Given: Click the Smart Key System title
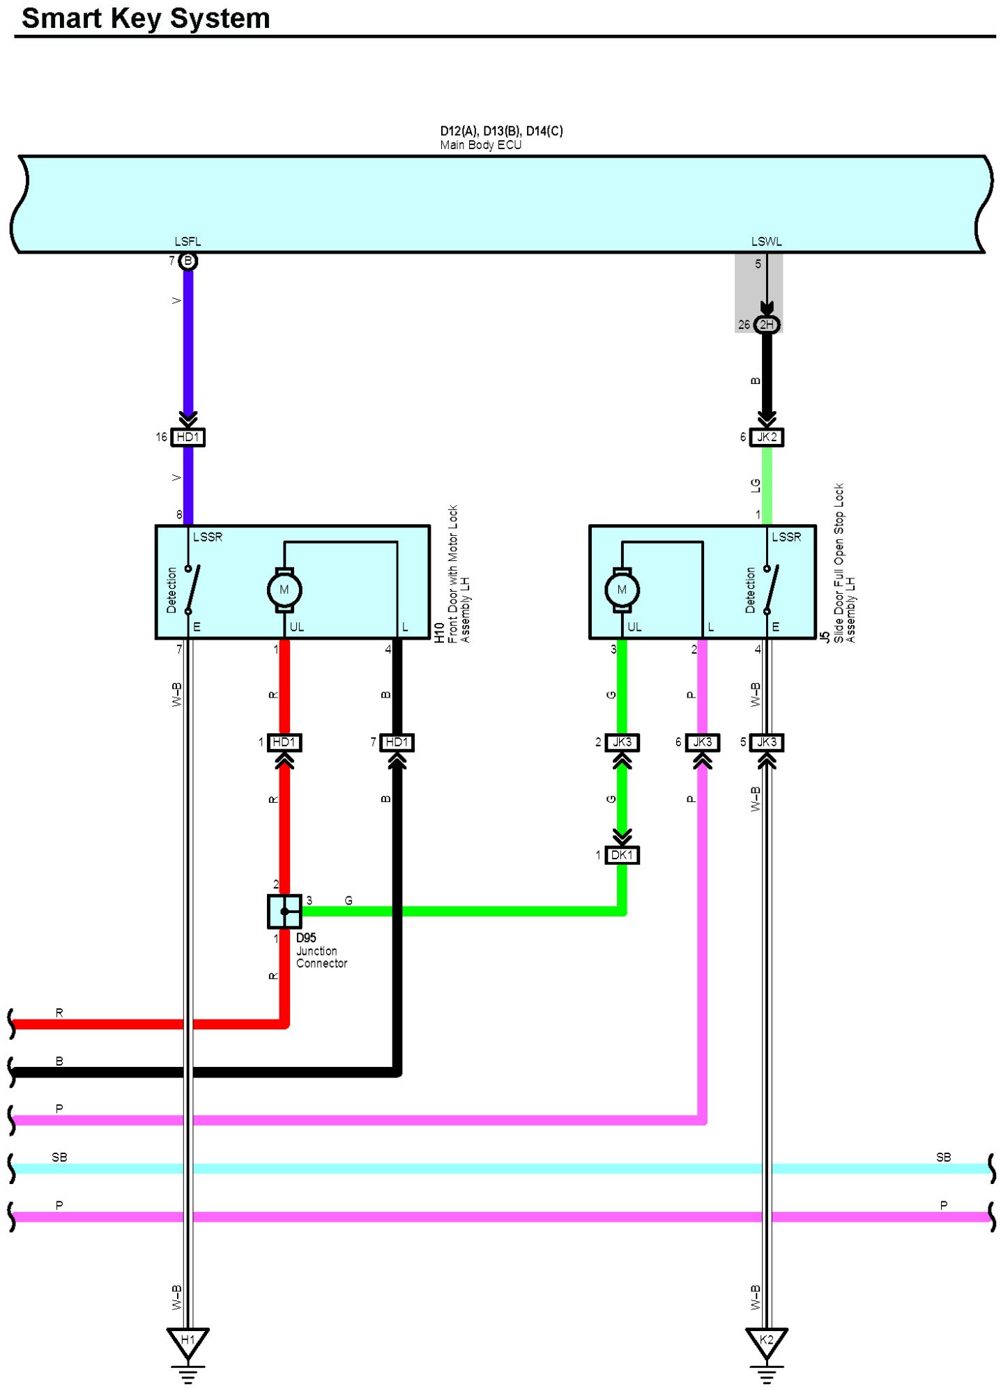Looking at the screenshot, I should click(x=146, y=18).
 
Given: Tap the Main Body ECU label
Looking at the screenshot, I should click(x=480, y=145).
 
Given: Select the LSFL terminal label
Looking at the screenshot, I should click(x=188, y=242).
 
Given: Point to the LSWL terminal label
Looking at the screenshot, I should click(x=766, y=242).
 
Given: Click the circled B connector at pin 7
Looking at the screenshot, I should click(x=188, y=261).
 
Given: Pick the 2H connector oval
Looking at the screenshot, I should click(x=767, y=325).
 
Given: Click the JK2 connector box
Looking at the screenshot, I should click(x=767, y=437).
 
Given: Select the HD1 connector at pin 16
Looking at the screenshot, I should click(x=188, y=437).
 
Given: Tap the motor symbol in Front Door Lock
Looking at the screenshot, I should click(x=284, y=590).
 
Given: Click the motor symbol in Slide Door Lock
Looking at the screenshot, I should click(x=622, y=590).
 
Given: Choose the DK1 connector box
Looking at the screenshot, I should click(x=622, y=855).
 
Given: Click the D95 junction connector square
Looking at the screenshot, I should click(x=284, y=912).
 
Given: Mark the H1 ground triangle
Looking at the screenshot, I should click(x=188, y=1341).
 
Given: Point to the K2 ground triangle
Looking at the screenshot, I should click(x=767, y=1341).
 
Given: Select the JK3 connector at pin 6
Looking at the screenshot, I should click(x=703, y=742).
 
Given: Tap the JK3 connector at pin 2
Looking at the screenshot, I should click(x=622, y=742).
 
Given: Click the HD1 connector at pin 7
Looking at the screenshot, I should click(x=397, y=742).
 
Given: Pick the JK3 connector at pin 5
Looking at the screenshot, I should click(x=767, y=742).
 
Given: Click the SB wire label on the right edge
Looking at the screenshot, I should click(x=943, y=1158).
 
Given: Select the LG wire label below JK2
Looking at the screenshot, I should click(x=756, y=486).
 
